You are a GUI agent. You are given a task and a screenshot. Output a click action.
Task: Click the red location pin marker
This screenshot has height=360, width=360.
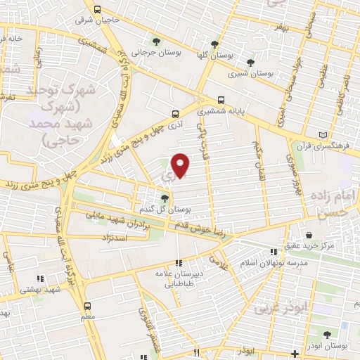pos(181,165)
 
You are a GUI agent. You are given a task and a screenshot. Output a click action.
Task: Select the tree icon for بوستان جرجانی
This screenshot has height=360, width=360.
pos(156,41)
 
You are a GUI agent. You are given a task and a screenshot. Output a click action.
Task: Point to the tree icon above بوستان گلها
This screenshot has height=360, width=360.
pos(214,44)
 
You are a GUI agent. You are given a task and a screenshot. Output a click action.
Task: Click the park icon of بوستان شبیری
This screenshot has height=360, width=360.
pos(250,62)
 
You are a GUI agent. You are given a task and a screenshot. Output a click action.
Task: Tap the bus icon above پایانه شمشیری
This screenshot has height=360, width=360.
pos(221,100)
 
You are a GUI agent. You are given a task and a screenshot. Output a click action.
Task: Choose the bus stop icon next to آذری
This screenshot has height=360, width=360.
pos(176,112)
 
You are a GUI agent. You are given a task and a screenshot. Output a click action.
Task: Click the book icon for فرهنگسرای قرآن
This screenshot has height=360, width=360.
pos(323,135)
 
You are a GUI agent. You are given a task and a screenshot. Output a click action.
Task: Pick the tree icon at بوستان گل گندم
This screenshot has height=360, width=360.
pos(165,198)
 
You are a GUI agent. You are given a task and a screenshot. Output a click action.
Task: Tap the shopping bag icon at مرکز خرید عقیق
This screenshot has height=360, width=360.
pos(309,235)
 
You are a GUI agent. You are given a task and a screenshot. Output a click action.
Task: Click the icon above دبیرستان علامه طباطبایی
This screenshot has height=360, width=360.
pos(178,263)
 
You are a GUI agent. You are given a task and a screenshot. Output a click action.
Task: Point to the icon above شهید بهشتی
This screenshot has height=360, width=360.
pos(40,278)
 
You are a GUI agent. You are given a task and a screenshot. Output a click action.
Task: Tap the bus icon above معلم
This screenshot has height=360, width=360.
pos(87,306)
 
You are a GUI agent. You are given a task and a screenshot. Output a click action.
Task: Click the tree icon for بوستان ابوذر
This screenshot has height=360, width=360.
pos(326,335)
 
